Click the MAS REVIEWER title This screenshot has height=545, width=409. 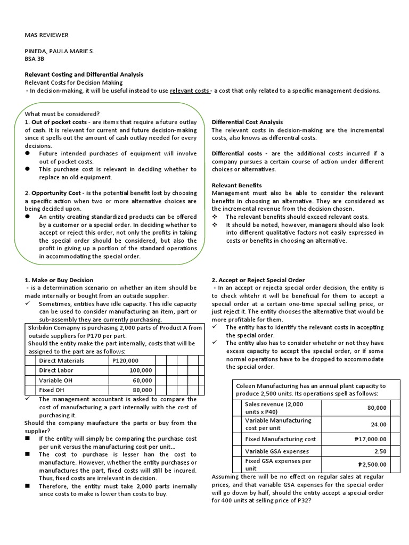pos(47,35)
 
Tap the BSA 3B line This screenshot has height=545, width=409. pos(35,59)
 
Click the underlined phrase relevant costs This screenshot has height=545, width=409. pos(190,90)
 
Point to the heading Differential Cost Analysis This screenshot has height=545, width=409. pos(247,122)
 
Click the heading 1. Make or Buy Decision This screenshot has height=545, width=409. pos(59,280)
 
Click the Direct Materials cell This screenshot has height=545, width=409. pos(62,360)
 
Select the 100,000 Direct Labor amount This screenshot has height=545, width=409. pos(141,370)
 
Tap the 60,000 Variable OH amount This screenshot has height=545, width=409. pos(143,381)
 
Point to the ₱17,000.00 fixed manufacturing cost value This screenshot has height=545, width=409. pos(370,439)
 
